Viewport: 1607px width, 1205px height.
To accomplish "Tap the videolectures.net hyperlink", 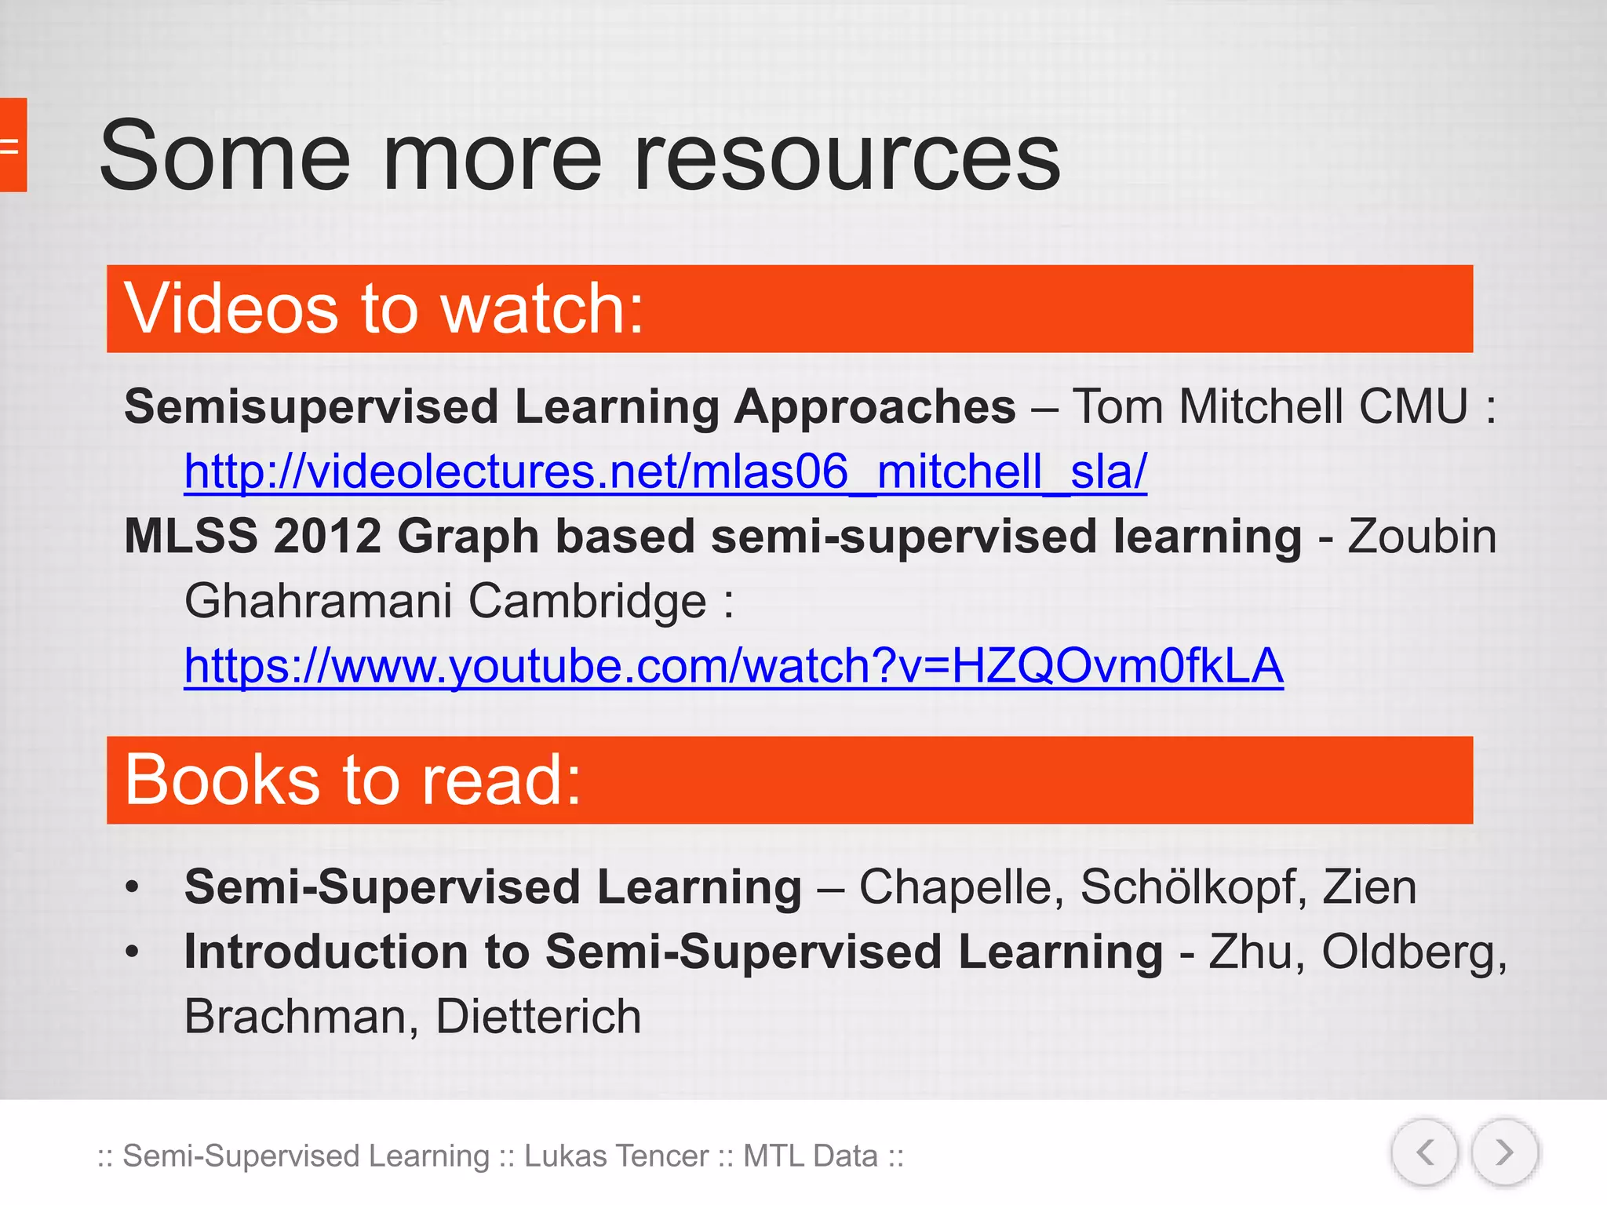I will (665, 472).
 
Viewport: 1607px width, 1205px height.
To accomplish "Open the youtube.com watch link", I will (733, 666).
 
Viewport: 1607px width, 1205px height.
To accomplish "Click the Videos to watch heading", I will (384, 309).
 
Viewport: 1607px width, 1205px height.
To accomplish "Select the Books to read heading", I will (353, 780).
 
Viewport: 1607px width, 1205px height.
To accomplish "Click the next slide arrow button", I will (1503, 1152).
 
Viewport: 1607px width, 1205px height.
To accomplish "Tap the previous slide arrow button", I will (1425, 1152).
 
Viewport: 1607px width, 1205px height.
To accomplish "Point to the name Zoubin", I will (1421, 537).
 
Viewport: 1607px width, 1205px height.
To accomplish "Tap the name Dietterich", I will (538, 1017).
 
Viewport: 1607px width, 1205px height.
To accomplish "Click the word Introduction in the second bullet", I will (326, 952).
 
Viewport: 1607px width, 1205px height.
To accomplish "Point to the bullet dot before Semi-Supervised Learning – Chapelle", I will (132, 888).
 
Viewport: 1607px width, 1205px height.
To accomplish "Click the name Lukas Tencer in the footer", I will (616, 1156).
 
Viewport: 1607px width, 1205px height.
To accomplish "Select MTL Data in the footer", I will (810, 1156).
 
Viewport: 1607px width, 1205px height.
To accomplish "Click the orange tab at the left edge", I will (13, 145).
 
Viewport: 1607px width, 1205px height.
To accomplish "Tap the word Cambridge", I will (588, 602).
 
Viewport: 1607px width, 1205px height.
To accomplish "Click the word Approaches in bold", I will (875, 407).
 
